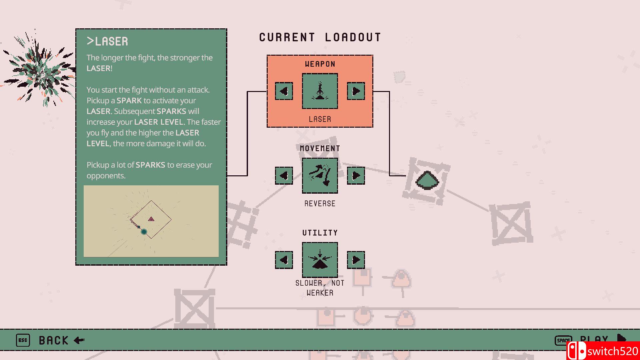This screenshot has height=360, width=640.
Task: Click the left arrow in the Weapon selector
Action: coord(284,91)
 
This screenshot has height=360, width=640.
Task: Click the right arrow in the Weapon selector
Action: coord(356,91)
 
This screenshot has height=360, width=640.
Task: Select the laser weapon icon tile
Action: coord(320,91)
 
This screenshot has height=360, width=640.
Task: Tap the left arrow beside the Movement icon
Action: coord(284,175)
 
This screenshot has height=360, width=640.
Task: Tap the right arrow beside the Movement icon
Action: coord(356,175)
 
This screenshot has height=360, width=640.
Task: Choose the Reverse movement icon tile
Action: coord(320,175)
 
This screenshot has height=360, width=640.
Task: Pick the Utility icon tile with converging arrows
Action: coord(320,260)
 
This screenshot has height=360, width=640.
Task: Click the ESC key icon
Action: coord(23,340)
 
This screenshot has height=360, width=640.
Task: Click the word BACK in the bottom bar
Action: coord(54,340)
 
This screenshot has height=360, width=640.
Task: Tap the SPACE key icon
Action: coord(563,340)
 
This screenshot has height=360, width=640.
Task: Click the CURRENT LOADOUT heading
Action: coord(320,37)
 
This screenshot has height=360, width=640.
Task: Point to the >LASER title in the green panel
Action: coord(107,41)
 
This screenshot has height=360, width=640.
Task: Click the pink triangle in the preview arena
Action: coord(151,219)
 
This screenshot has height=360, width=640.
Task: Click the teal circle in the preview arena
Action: coord(144,231)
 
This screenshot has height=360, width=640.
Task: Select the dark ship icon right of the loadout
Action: coord(427,181)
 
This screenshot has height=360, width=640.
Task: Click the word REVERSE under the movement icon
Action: coord(320,204)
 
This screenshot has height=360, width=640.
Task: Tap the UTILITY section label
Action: coord(320,233)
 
